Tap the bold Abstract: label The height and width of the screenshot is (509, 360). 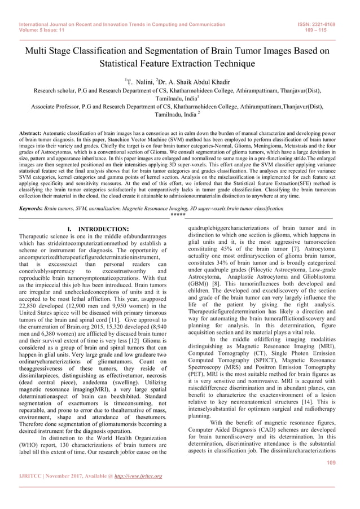pyautogui.click(x=32, y=134)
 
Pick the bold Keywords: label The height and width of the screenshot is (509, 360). pyautogui.click(x=32, y=209)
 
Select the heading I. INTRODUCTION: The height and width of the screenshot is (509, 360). pyautogui.click(x=93, y=229)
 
